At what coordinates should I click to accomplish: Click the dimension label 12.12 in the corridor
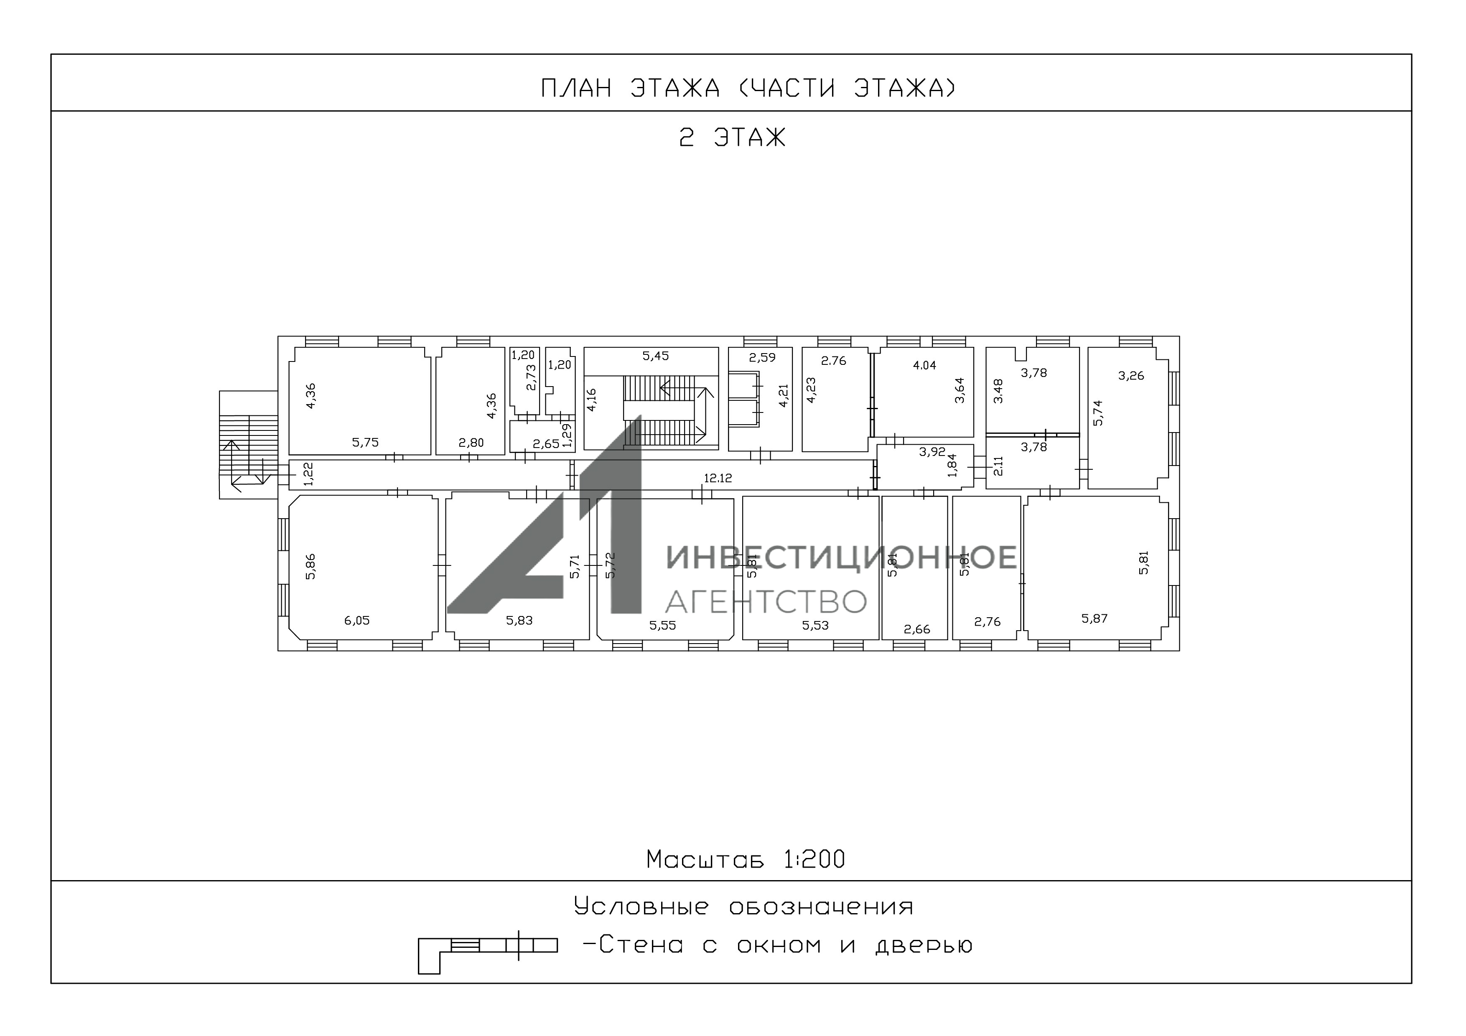[x=718, y=478]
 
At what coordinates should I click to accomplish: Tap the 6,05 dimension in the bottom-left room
[x=357, y=621]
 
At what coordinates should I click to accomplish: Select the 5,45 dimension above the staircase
[x=656, y=356]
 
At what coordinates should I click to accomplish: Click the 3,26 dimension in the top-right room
[x=1131, y=376]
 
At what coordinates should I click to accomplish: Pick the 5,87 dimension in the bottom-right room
[x=1094, y=619]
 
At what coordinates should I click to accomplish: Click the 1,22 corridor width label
[x=309, y=474]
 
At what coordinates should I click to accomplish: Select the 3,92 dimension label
[x=932, y=452]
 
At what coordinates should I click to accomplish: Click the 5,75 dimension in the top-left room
[x=365, y=443]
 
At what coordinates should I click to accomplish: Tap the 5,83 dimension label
[x=519, y=621]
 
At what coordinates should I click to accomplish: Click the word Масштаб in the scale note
[x=705, y=860]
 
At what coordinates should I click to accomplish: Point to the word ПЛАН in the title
[x=577, y=88]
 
